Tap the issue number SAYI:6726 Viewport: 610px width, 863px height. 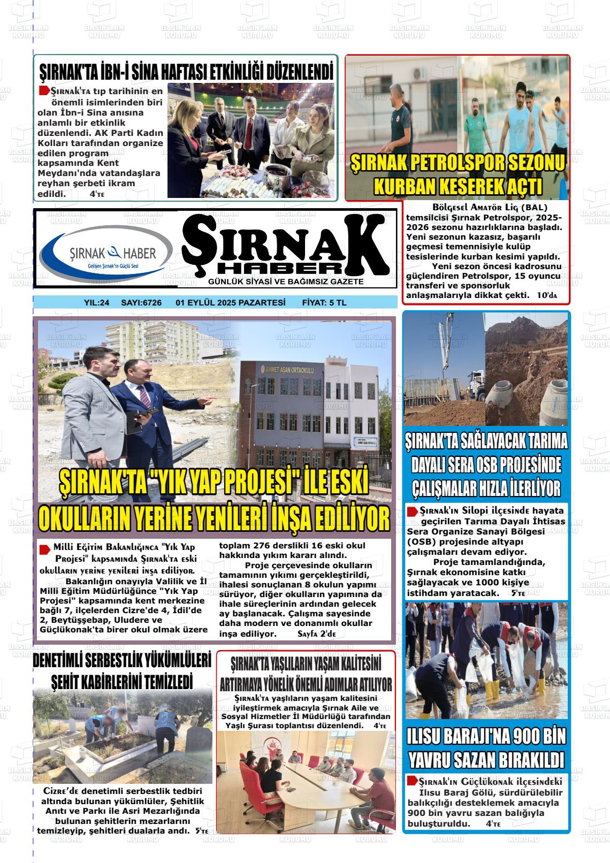click(x=141, y=303)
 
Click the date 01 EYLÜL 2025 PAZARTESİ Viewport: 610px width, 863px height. click(x=231, y=303)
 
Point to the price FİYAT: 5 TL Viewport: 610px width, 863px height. click(x=324, y=303)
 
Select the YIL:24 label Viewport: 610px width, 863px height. click(x=97, y=303)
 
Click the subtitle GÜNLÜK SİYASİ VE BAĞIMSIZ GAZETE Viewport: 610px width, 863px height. click(x=286, y=282)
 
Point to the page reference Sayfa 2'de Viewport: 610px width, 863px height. click(x=316, y=634)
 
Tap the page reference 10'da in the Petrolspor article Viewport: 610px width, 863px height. click(x=546, y=295)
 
